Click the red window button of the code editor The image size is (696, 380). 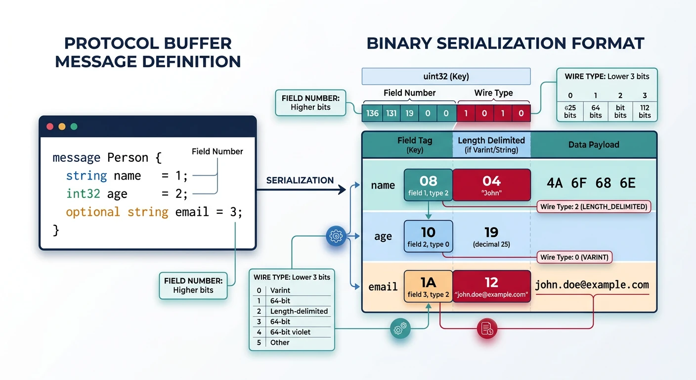point(49,127)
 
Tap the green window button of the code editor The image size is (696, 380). point(74,127)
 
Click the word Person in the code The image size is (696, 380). point(128,158)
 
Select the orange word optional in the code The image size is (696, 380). point(93,212)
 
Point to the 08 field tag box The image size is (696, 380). point(428,185)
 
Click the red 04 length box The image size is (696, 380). point(491,185)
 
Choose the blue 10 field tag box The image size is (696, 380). point(428,236)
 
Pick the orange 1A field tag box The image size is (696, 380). point(428,286)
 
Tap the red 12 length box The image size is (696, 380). point(491,286)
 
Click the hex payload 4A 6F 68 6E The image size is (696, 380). point(591,183)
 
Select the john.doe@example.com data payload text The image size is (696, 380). point(592,285)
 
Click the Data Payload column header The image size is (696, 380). point(593,144)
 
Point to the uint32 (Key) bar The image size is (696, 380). point(446,76)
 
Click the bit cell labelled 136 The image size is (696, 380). point(372,113)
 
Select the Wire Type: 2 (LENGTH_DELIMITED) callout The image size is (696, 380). point(594,206)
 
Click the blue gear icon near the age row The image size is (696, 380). point(336,236)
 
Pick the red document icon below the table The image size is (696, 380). point(487,328)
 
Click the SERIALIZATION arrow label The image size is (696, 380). point(300,181)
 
